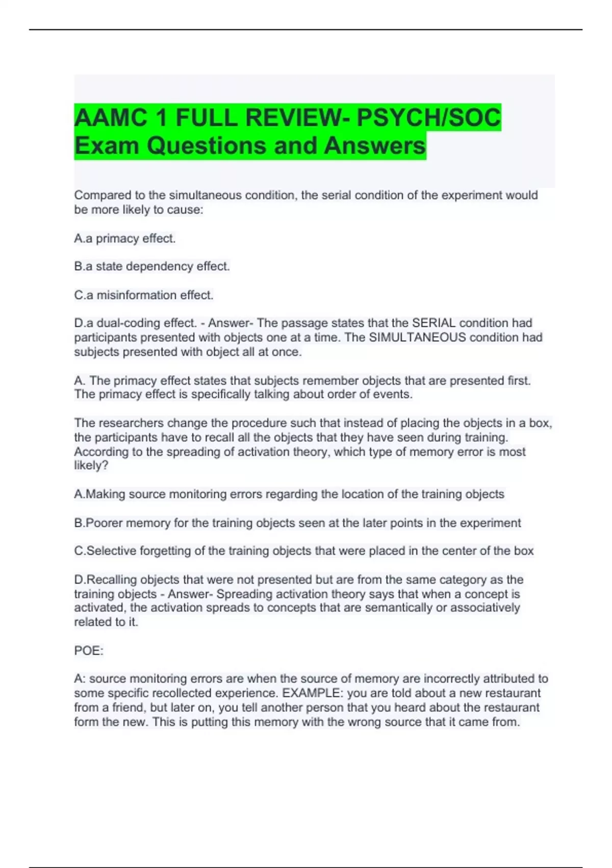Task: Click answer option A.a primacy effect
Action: [x=125, y=238]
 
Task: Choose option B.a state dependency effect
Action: [x=152, y=267]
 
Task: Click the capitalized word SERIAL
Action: [x=433, y=323]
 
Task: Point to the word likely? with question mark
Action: [x=91, y=466]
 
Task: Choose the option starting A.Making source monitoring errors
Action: [x=289, y=494]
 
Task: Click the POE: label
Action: [x=89, y=651]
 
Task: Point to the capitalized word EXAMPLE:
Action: [x=311, y=693]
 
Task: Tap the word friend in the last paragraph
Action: [x=129, y=708]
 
